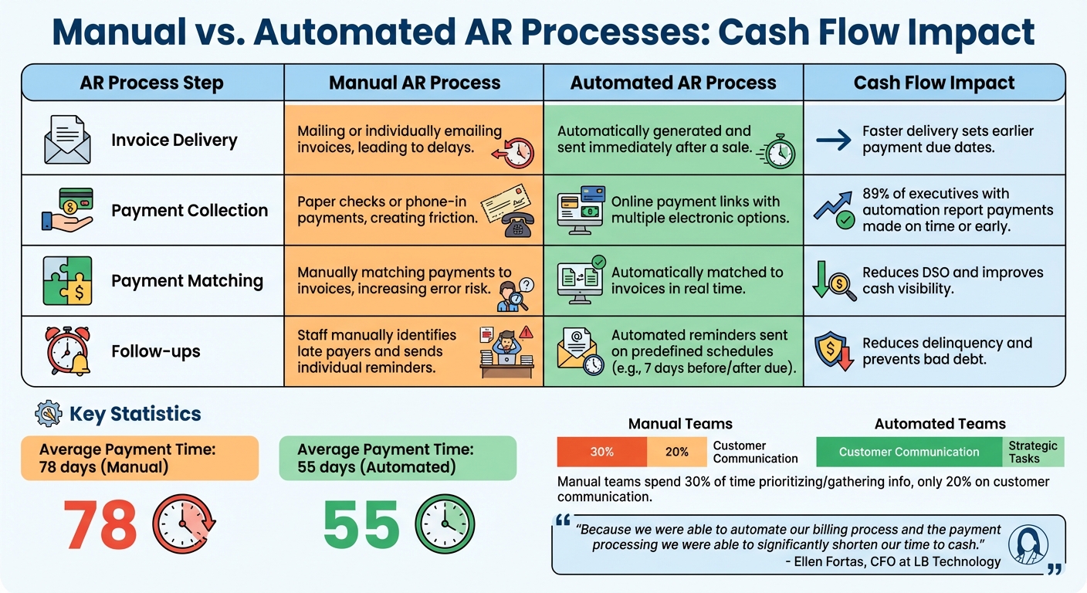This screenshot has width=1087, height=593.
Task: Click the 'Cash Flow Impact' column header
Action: coord(934,83)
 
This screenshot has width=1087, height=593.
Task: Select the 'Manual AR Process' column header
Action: coord(415,83)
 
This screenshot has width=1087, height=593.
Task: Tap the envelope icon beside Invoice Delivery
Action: coord(67,141)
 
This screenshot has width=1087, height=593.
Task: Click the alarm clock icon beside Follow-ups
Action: coord(67,351)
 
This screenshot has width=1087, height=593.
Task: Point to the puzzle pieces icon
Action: coord(67,281)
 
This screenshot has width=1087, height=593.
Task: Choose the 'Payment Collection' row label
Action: coord(189,211)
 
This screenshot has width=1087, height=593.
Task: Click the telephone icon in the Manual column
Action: coord(516,224)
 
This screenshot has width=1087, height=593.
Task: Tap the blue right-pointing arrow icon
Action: coord(833,140)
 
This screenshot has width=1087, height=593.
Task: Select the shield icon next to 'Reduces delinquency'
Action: coord(833,351)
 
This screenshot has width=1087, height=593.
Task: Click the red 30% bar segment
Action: coord(601,452)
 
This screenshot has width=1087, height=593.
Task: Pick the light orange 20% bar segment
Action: coord(676,452)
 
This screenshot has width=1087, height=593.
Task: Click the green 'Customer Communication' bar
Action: coord(909,452)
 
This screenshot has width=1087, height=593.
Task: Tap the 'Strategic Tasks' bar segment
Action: coord(1033,452)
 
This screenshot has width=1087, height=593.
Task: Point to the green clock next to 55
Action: coord(445,524)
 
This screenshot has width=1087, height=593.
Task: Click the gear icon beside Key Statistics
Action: coord(49,414)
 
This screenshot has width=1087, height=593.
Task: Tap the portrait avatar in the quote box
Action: coord(1028,544)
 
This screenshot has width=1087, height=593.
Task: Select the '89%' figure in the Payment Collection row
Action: coord(877,194)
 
